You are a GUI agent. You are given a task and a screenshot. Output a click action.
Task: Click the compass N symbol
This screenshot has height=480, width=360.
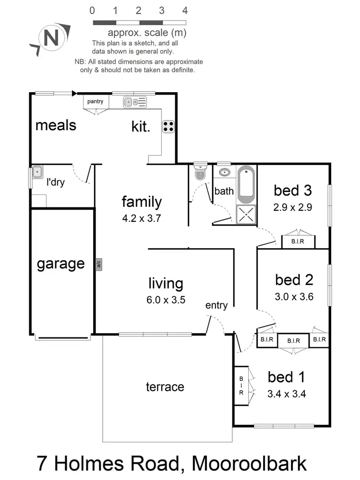[x=49, y=38]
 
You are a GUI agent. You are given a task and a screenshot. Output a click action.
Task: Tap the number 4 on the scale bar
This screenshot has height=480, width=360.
[x=185, y=11]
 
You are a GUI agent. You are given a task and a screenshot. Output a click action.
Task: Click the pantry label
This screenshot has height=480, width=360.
[x=95, y=101]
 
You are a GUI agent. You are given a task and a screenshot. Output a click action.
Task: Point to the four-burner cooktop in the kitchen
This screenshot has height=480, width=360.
[x=169, y=126]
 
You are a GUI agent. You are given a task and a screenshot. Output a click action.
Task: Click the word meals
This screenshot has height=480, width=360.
[x=56, y=125]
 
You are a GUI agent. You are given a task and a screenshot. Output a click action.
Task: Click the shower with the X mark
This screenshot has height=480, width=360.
[x=247, y=214]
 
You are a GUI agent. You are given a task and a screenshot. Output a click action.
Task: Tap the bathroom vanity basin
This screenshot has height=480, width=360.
[x=223, y=172]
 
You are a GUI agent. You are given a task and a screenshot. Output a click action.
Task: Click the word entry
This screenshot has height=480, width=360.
[x=216, y=306]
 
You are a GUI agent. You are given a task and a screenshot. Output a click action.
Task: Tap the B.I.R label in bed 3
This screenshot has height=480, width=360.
[x=298, y=242]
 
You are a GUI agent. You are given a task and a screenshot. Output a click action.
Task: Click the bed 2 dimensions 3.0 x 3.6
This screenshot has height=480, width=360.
[x=294, y=297]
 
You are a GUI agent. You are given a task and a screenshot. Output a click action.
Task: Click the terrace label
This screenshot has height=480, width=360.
[x=165, y=387]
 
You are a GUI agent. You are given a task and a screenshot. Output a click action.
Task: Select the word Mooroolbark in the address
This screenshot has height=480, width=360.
[x=249, y=464]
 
